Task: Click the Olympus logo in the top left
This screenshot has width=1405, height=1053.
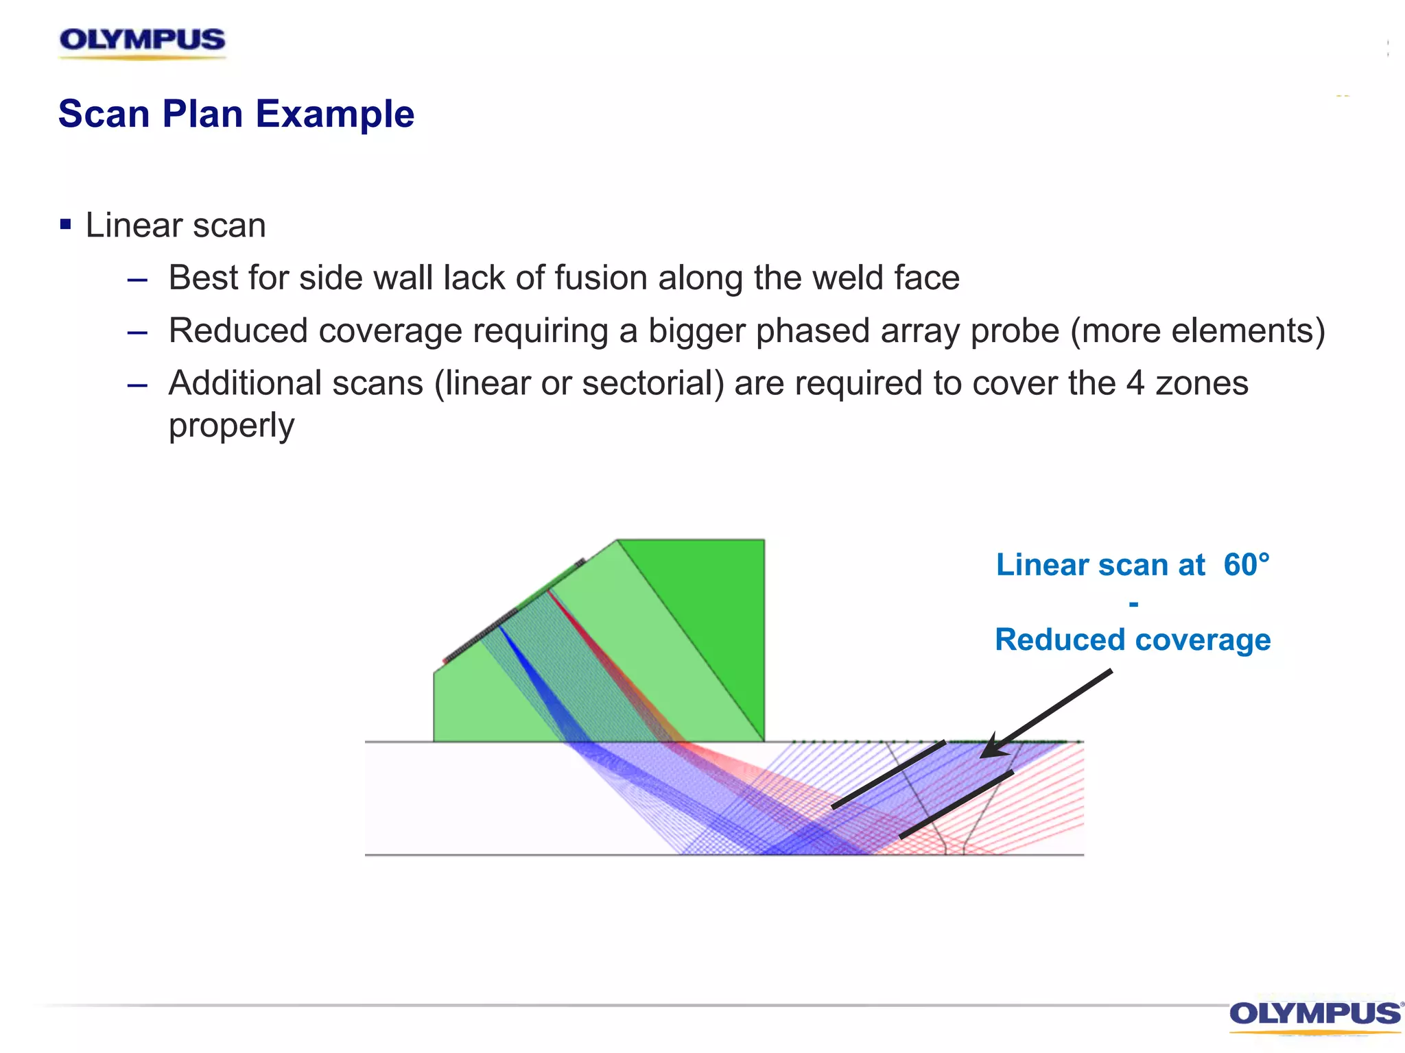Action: click(142, 41)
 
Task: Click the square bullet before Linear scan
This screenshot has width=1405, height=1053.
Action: click(66, 224)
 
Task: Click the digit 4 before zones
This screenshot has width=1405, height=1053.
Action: click(1135, 383)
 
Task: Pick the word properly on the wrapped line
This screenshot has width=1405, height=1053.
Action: click(231, 426)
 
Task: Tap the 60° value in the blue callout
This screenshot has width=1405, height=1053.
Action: click(1247, 565)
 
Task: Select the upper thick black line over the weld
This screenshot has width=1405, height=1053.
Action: click(889, 775)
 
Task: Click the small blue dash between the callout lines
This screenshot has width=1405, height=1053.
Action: click(1133, 604)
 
